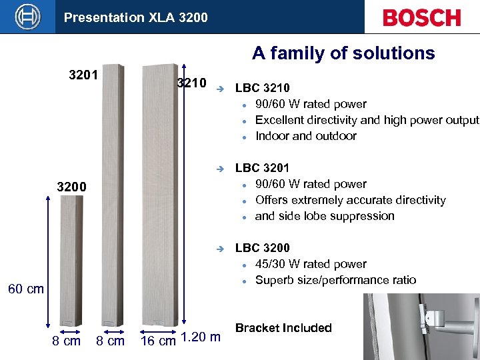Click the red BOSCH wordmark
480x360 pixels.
tap(421, 17)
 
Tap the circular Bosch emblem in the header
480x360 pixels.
tap(27, 17)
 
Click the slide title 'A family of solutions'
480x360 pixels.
tap(343, 53)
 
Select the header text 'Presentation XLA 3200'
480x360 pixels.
tap(135, 17)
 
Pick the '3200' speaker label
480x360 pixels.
tap(71, 187)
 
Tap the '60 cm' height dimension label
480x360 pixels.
tap(25, 289)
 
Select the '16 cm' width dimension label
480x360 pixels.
tap(158, 341)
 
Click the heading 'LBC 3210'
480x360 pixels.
tap(262, 88)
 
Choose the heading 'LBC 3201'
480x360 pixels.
tap(262, 168)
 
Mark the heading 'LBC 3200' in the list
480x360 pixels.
tap(262, 248)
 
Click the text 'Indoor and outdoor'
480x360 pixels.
tap(305, 136)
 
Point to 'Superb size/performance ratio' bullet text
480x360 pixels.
tap(335, 280)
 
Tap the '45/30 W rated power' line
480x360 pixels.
tap(311, 264)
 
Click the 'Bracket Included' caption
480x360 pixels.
tap(283, 328)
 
